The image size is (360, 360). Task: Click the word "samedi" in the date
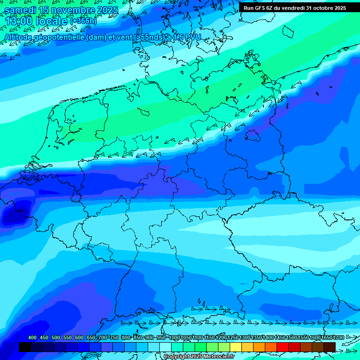pyautogui.click(x=21, y=10)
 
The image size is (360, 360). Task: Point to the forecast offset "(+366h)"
pyautogui.click(x=83, y=21)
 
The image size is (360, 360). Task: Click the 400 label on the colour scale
pyautogui.click(x=32, y=338)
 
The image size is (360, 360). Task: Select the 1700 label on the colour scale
pyautogui.click(x=338, y=338)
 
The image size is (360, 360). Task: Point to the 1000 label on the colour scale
pyautogui.click(x=174, y=338)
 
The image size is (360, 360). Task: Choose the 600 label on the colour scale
pyautogui.click(x=79, y=338)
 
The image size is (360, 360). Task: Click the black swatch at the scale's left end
pyautogui.click(x=24, y=347)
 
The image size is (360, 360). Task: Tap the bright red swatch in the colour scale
pyautogui.click(x=282, y=347)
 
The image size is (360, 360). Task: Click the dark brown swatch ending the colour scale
pyautogui.click(x=330, y=347)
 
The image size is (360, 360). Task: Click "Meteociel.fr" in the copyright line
pyautogui.click(x=218, y=357)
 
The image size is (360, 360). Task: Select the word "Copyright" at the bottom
pyautogui.click(x=177, y=357)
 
